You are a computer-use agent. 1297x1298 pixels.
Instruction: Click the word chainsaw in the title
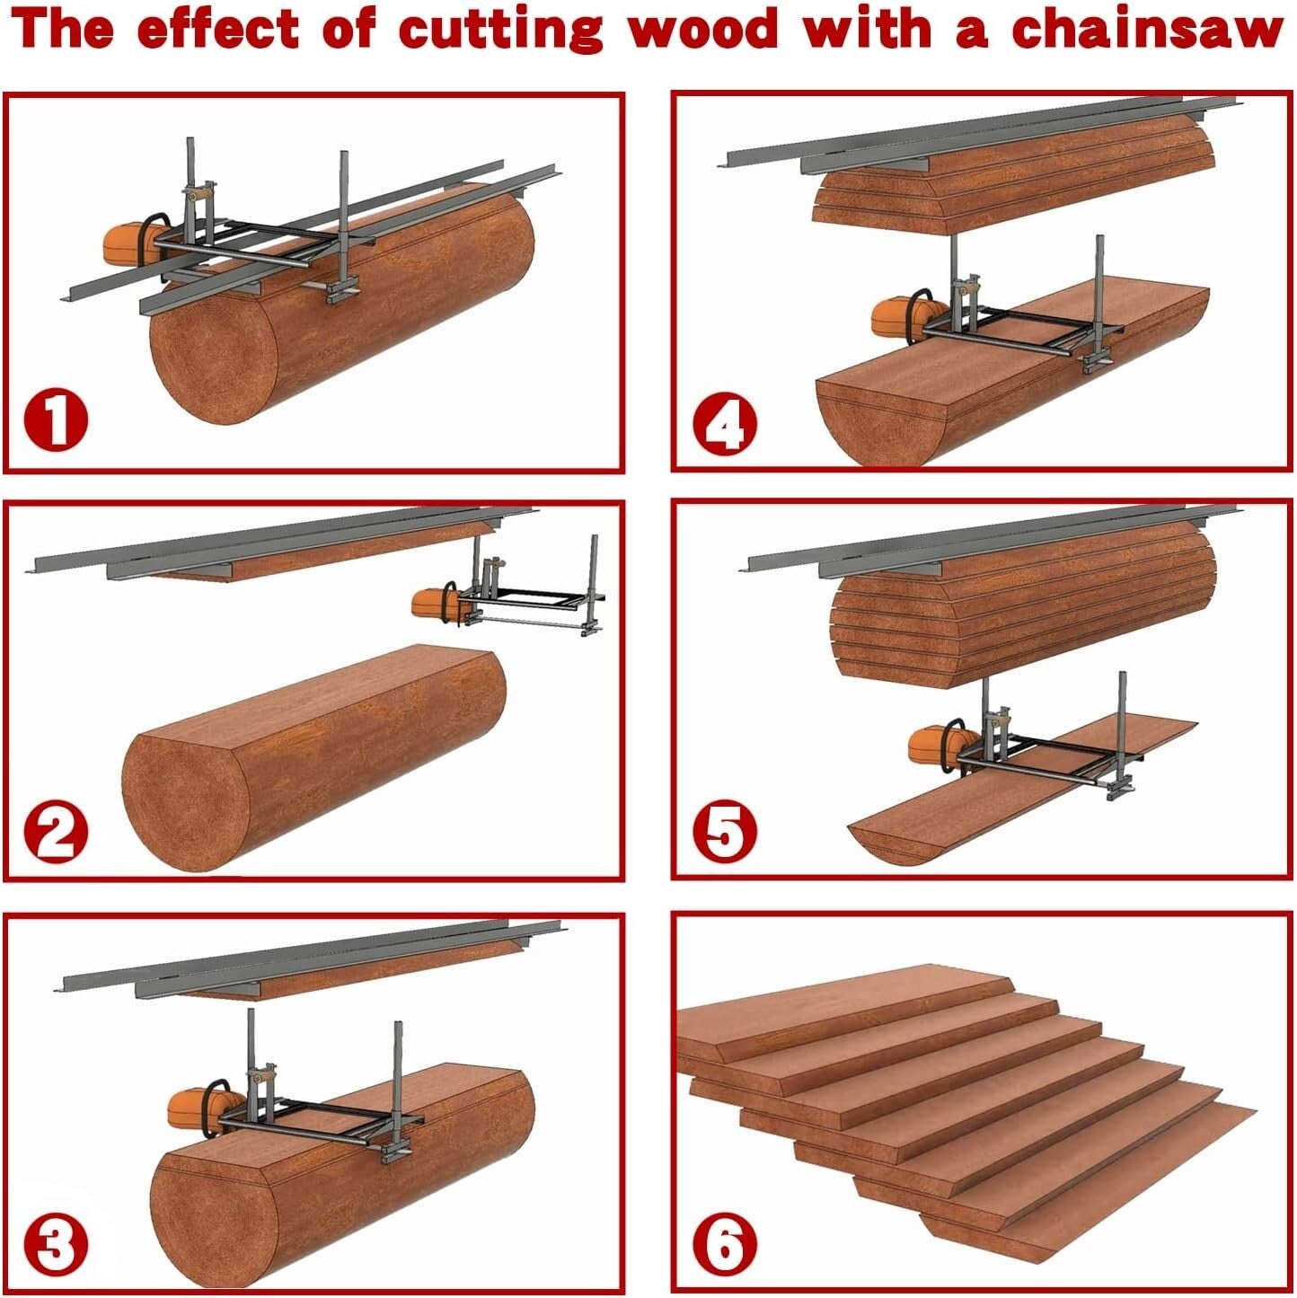point(1147,29)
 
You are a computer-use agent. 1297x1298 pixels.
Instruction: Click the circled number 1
point(56,422)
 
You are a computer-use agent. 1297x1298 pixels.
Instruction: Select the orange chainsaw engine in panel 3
point(193,1109)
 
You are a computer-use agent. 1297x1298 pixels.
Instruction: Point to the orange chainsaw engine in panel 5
point(934,744)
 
